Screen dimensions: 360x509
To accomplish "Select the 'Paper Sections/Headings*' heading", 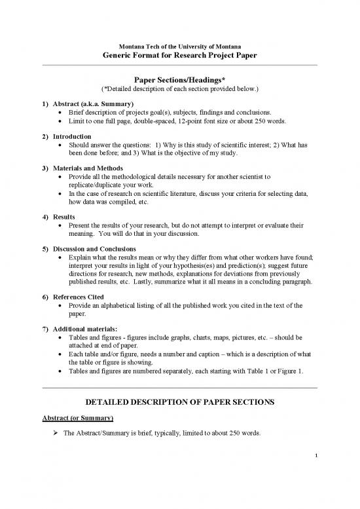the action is pyautogui.click(x=179, y=79).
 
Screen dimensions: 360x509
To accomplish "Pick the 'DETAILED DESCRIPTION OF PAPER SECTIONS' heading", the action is pyautogui.click(x=179, y=400).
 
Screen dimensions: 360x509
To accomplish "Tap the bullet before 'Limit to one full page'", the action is pyautogui.click(x=61, y=121).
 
